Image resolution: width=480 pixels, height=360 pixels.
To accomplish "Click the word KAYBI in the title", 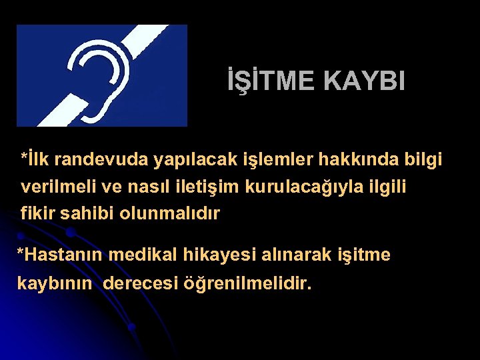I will pyautogui.click(x=364, y=81).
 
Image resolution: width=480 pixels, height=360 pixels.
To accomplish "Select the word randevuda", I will pyautogui.click(x=102, y=160).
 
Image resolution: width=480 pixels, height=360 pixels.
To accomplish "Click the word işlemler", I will pyautogui.click(x=259, y=161).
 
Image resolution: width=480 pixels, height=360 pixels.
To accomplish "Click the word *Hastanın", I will pyautogui.click(x=59, y=255).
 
